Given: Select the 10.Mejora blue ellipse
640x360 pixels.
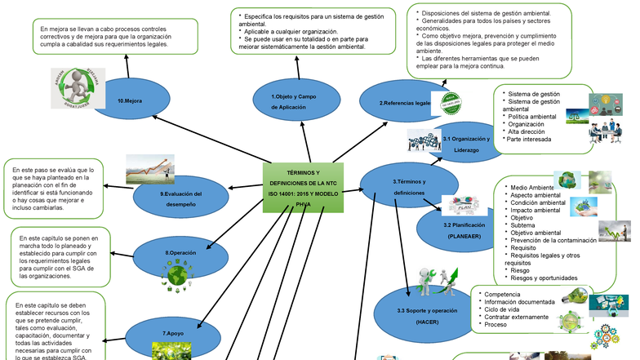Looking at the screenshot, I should (x=131, y=100).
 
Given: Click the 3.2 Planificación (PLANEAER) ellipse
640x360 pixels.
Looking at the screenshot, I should (x=461, y=229).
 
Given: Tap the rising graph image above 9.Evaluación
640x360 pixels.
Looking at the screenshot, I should (x=149, y=169).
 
